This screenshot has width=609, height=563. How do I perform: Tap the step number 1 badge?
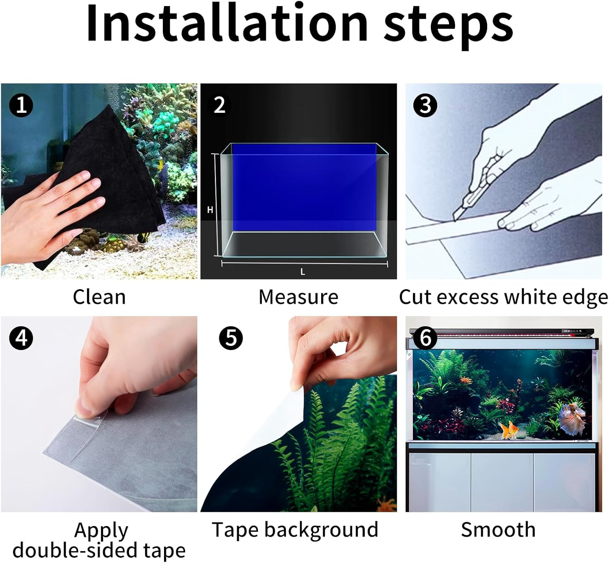(x=21, y=105)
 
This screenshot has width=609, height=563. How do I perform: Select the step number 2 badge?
(x=219, y=105)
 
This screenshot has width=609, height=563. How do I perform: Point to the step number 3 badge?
(x=425, y=105)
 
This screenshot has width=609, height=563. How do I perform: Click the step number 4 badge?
(x=21, y=338)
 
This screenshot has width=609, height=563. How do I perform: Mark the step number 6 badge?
(x=425, y=338)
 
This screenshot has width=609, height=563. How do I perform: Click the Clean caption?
(x=99, y=297)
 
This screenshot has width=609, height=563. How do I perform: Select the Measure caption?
(x=298, y=297)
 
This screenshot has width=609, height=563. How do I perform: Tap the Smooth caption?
(x=498, y=530)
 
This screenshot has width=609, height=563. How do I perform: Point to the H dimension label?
(x=210, y=210)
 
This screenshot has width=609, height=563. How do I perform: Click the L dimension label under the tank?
(x=302, y=272)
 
